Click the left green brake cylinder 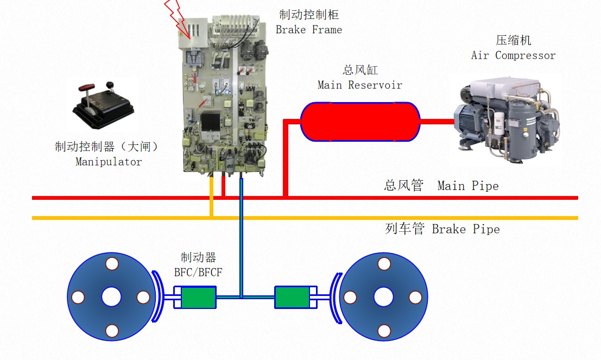198,297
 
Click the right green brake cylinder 292,297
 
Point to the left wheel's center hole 112,297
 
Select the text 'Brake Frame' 309,30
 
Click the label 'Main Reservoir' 360,85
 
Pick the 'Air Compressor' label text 513,55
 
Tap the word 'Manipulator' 109,162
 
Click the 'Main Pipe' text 468,186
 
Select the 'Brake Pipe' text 466,229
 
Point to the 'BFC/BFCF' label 199,271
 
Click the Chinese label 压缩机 513,41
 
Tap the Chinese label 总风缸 360,70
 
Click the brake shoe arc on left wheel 159,297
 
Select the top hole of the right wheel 384,264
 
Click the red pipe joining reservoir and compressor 437,122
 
